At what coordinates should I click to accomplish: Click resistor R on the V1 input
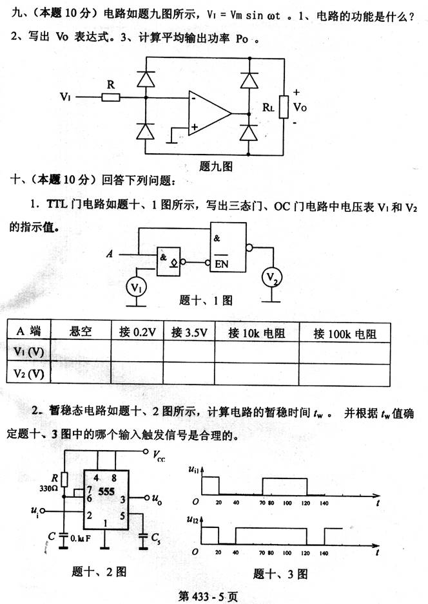click(x=110, y=97)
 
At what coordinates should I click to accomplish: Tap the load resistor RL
click(x=282, y=108)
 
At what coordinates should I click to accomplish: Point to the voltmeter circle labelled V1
click(x=135, y=286)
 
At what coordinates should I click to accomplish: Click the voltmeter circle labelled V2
click(x=274, y=278)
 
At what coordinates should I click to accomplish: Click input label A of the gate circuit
click(x=111, y=254)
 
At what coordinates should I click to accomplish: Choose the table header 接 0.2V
click(x=137, y=333)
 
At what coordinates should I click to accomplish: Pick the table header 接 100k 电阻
click(x=344, y=334)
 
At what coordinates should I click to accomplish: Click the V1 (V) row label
click(x=29, y=353)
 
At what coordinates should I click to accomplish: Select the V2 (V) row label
click(x=29, y=374)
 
